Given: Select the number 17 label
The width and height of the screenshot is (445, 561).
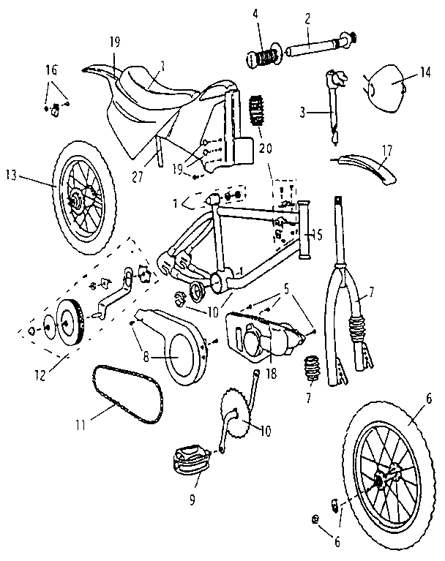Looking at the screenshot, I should click(x=386, y=151).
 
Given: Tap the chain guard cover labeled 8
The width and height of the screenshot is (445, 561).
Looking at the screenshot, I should click(x=176, y=351).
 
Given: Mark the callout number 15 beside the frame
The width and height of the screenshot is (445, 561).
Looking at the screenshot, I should click(x=318, y=234).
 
